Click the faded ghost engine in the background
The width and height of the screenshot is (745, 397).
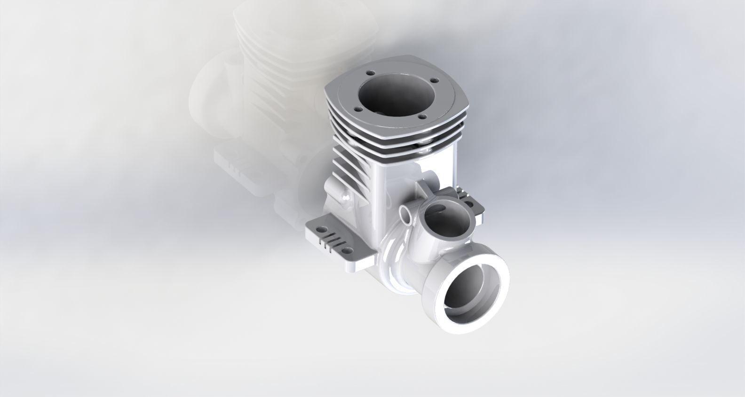263,94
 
